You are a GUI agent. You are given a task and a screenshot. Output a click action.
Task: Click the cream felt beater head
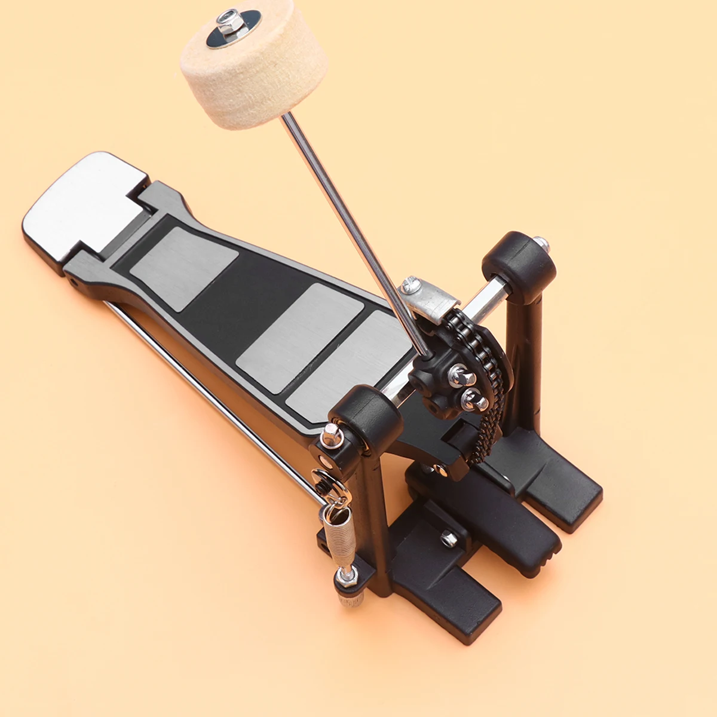click(x=254, y=72)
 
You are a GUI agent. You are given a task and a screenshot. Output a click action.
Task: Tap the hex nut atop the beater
click(x=227, y=23)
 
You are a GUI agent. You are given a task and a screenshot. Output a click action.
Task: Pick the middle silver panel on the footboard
click(x=299, y=338)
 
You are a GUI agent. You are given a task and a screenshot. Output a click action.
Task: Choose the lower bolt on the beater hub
click(x=474, y=399)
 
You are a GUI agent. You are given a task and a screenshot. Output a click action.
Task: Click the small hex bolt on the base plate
click(x=449, y=539)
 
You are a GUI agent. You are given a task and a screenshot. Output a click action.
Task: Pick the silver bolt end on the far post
click(x=541, y=244)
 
